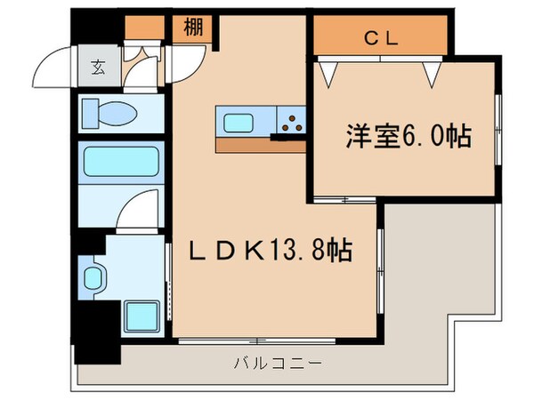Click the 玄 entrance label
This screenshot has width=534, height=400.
[96, 66]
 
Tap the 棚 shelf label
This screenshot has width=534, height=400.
[193, 26]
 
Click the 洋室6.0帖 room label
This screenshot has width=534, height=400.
[408, 137]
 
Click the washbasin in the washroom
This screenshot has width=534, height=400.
[94, 278]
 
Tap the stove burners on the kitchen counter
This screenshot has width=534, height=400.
[292, 123]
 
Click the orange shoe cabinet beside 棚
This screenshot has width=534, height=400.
[146, 27]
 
